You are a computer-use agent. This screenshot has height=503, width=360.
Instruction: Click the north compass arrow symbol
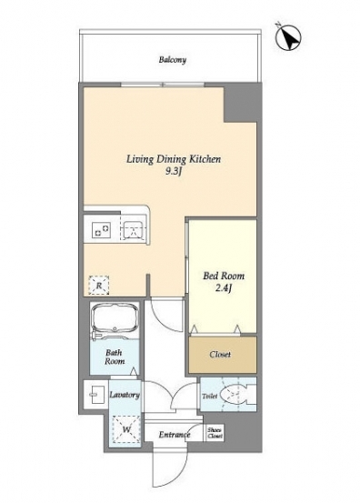coord(288,37)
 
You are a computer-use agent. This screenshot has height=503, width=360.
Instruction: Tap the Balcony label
coord(173,60)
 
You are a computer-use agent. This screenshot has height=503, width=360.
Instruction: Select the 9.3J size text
coord(174,172)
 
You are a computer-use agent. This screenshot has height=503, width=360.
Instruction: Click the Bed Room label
coord(224,276)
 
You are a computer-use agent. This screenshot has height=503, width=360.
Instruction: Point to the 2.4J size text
coord(224,288)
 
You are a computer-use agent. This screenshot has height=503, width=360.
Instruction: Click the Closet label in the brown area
coord(220,355)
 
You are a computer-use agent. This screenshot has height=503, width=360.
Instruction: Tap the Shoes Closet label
coord(215,433)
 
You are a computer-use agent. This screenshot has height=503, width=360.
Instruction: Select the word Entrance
coord(175,435)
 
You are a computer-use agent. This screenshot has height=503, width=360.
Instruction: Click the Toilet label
coord(210,397)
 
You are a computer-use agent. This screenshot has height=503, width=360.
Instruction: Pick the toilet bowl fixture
coord(238,394)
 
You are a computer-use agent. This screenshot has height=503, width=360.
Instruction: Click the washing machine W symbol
coord(126,429)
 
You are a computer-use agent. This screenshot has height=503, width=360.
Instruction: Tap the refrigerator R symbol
coord(99,285)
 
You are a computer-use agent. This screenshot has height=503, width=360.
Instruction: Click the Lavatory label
coord(125,395)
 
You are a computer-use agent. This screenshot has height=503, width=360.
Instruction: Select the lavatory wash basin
coord(95,395)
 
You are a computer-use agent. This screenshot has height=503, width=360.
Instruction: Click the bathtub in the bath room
coord(115,321)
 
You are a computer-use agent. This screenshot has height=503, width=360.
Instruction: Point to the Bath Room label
coord(115,357)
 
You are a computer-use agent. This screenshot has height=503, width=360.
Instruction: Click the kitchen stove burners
coord(101,230)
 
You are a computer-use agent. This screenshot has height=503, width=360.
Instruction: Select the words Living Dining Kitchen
coord(174,159)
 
